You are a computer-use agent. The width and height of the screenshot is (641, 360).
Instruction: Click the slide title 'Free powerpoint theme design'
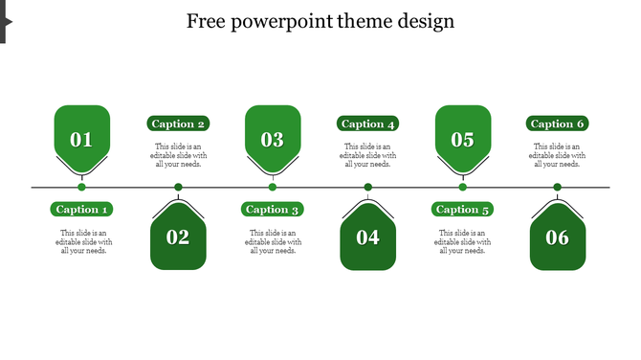coord(320,21)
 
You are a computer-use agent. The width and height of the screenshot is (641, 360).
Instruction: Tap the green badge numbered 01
coord(81,139)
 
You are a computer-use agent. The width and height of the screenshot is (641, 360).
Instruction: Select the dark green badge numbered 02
coord(178,236)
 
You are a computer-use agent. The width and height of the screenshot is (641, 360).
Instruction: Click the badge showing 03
coord(273,139)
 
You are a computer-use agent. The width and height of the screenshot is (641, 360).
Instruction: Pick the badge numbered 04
coord(368,236)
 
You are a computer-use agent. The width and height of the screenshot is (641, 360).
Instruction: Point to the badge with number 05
coord(463,139)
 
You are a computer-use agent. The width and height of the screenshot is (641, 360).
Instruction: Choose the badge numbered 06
coord(558,236)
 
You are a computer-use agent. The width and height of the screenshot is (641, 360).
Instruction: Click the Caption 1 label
coord(83,209)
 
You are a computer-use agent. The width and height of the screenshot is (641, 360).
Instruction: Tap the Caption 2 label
coord(179,124)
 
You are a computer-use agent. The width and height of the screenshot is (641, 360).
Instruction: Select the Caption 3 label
coord(273,209)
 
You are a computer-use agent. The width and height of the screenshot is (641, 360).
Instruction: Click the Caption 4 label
coord(368,124)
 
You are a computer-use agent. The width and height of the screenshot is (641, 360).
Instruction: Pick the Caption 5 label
coord(463,209)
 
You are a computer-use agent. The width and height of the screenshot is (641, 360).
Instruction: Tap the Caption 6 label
coord(558,124)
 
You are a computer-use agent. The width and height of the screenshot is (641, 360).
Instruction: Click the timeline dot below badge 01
coord(81,187)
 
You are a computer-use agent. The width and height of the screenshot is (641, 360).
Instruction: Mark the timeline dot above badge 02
coord(178,187)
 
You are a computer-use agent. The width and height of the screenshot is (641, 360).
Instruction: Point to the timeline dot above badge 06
coord(558,187)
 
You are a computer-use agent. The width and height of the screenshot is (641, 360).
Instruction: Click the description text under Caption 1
coord(83,242)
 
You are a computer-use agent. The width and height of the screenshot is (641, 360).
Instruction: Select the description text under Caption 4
coord(368,155)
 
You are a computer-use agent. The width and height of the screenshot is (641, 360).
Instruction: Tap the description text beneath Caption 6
coord(558,155)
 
